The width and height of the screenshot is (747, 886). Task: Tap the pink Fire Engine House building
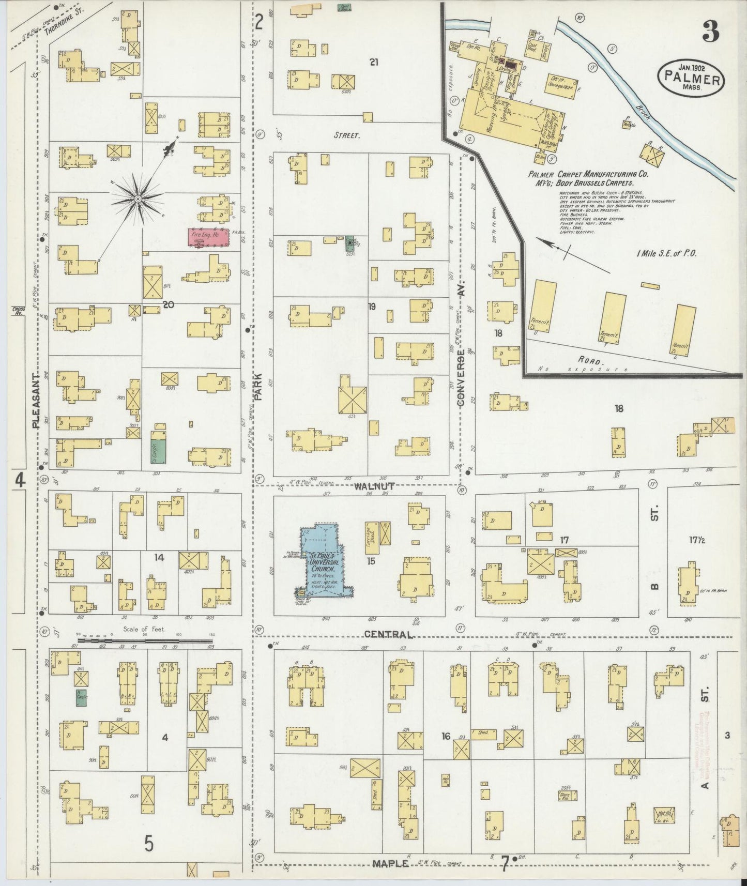pos(208,237)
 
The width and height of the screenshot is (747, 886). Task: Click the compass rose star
pos(138,199)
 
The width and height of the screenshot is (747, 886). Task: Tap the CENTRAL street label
pos(388,634)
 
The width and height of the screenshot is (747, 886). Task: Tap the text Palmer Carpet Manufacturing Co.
pos(588,175)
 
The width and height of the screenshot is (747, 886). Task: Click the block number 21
pos(374,62)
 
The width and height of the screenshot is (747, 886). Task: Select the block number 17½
pos(697,540)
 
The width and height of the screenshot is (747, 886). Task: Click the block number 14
pos(159,558)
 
